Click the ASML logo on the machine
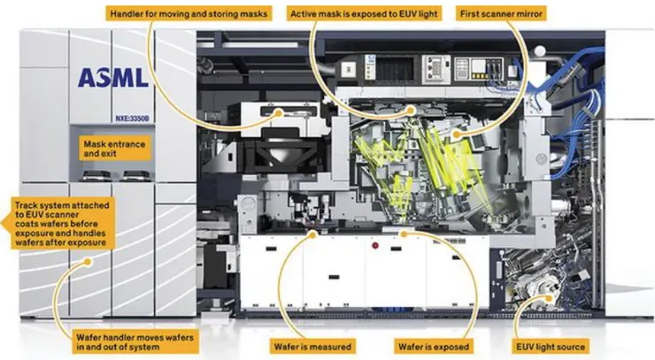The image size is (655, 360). coord(111,78)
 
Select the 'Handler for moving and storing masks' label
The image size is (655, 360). coord(189,14)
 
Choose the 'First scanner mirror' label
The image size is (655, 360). coord(503,14)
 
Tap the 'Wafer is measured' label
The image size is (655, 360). coord(315,345)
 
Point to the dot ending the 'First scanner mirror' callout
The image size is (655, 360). coord(454,134)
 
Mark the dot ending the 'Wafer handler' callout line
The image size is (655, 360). coord(87,262)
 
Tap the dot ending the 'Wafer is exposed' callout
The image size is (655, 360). coord(404,234)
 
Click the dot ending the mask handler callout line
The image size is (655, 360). coord(281,112)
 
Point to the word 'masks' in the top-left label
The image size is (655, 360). coord(252,14)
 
